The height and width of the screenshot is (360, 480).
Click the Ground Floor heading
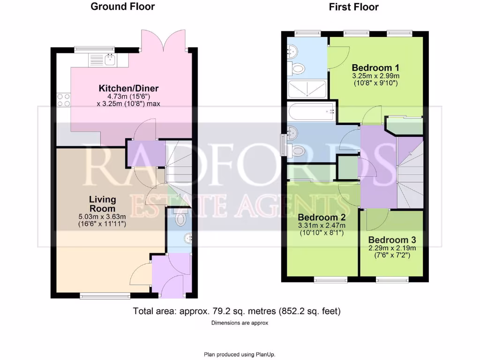click(x=122, y=7)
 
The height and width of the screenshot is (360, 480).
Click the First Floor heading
click(x=353, y=7)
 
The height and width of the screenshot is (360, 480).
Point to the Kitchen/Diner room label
click(x=128, y=88)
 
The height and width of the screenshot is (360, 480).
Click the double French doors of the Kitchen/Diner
click(x=164, y=41)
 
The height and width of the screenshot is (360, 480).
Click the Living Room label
click(x=103, y=203)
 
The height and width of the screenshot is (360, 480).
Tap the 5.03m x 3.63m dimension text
click(x=103, y=217)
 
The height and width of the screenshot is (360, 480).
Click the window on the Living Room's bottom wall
click(x=105, y=295)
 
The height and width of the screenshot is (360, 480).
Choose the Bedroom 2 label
click(x=321, y=217)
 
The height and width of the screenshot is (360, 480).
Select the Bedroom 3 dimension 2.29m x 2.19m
click(x=392, y=248)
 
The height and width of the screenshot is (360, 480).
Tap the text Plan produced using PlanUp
click(x=240, y=354)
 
